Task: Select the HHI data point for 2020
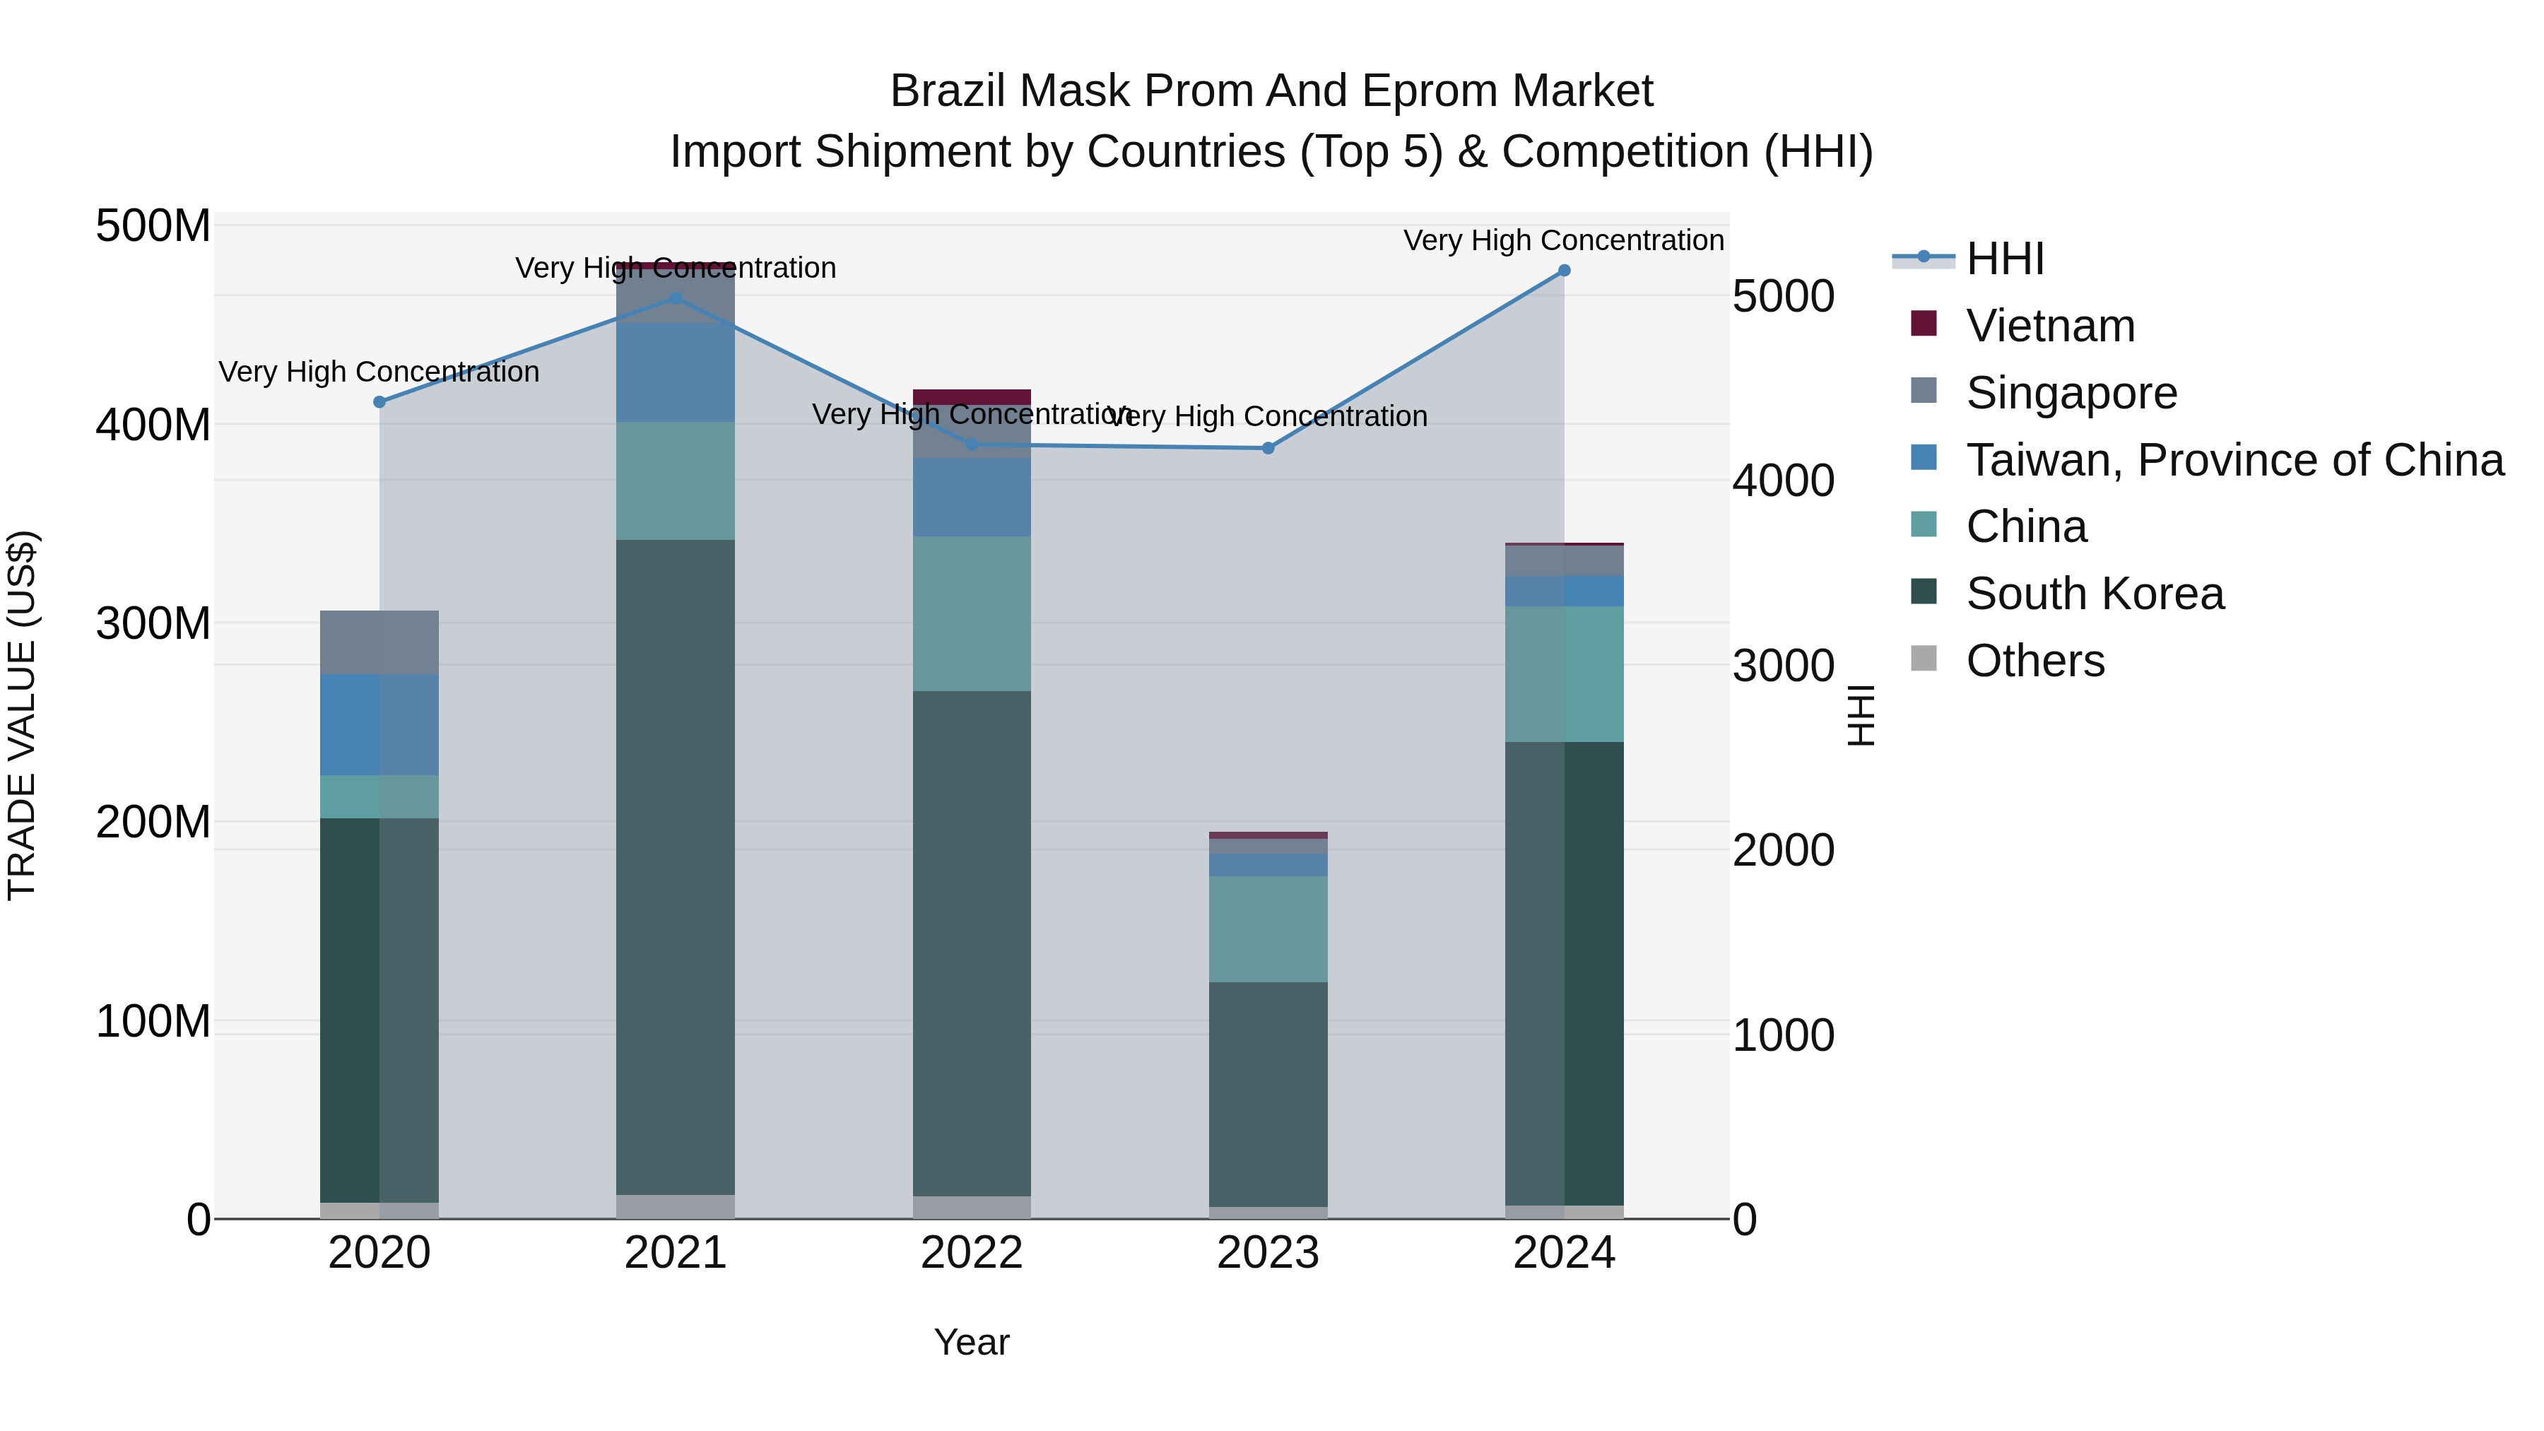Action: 379,402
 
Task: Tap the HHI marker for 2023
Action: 1268,448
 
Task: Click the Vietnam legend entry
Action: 2049,326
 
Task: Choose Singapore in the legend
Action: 2071,393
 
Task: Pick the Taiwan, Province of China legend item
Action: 2234,460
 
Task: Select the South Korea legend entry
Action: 2094,594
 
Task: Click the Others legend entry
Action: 2034,661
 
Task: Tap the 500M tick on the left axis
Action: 153,226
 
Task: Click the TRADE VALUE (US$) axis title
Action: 22,715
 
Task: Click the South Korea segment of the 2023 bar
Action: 1268,1093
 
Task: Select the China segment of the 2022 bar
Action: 972,613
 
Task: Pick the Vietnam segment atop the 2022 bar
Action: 972,397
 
